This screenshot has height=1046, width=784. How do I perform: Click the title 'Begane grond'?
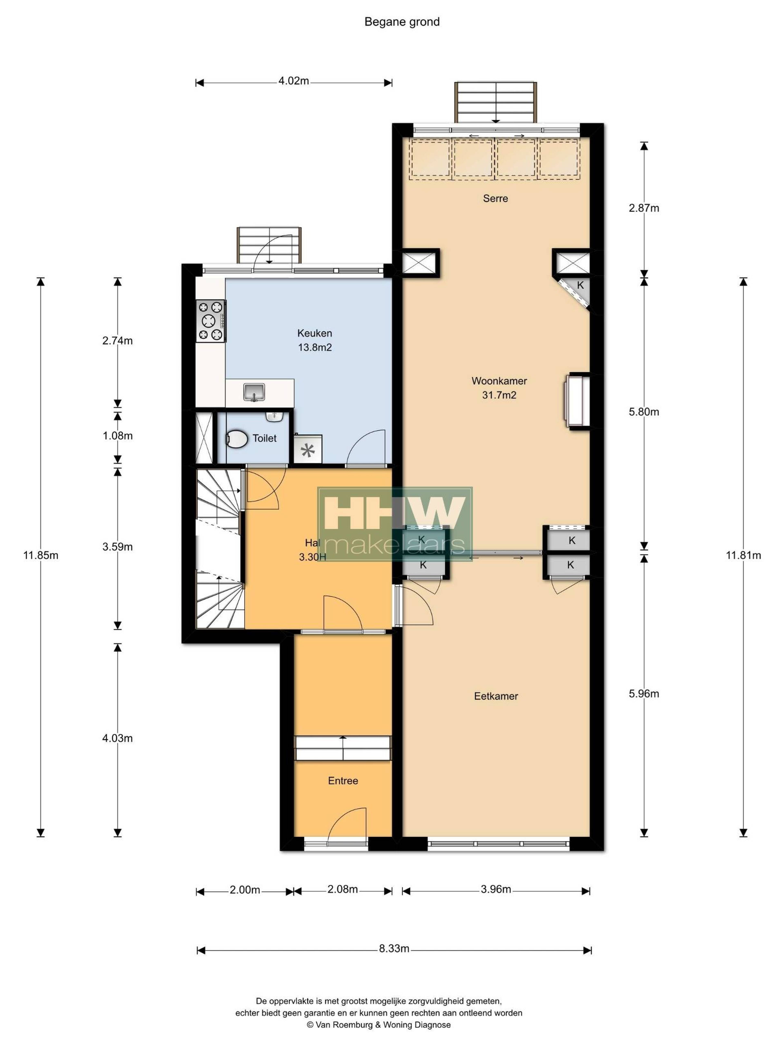[402, 22]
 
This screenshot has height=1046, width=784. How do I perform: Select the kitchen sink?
[254, 392]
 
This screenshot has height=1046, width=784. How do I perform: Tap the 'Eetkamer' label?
[496, 696]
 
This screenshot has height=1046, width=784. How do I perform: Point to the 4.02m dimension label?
[293, 81]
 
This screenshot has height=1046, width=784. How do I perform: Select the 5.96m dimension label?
[644, 694]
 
